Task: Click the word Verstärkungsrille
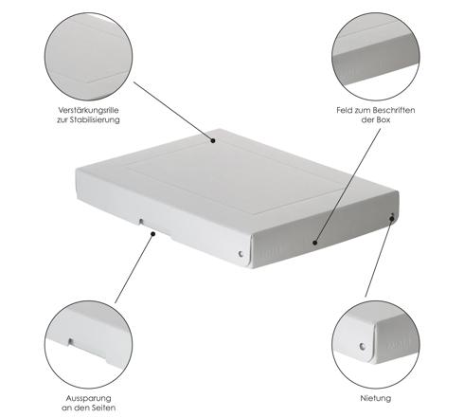[88, 110]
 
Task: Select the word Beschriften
[394, 110]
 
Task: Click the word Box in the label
[384, 119]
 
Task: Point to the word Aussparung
[88, 398]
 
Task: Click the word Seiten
[101, 408]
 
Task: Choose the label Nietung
[376, 398]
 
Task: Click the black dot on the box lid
[213, 140]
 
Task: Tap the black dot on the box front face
[314, 243]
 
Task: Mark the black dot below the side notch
[153, 234]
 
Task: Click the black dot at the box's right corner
[392, 219]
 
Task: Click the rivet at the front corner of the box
[241, 253]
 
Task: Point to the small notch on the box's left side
[141, 222]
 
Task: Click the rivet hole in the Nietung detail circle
[363, 347]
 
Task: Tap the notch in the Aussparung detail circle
[71, 341]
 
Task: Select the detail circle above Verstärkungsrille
[88, 57]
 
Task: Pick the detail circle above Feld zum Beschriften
[376, 57]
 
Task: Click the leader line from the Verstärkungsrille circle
[173, 111]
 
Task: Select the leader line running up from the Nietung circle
[379, 258]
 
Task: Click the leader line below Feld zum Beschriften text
[348, 186]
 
